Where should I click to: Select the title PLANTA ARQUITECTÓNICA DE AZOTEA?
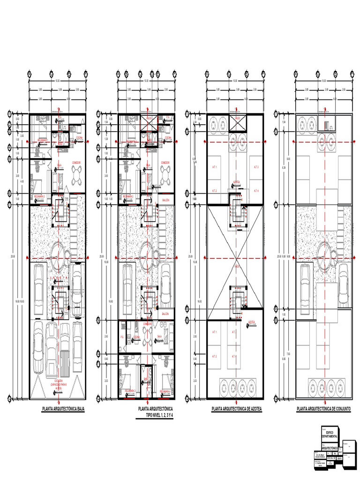tap(237, 409)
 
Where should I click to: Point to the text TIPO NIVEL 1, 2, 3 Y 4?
tap(156, 415)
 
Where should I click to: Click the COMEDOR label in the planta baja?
tap(77, 162)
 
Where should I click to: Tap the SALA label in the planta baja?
tap(60, 165)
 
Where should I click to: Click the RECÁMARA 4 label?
tap(168, 390)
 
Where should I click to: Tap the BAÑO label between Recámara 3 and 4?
tap(146, 379)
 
